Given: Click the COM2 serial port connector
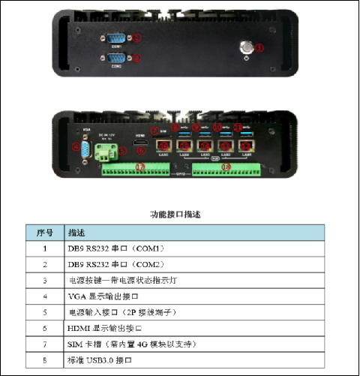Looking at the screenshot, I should click(118, 57).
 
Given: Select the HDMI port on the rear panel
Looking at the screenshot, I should click(139, 142).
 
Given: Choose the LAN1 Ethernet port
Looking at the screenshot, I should click(244, 146).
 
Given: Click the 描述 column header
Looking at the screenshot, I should click(76, 232).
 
